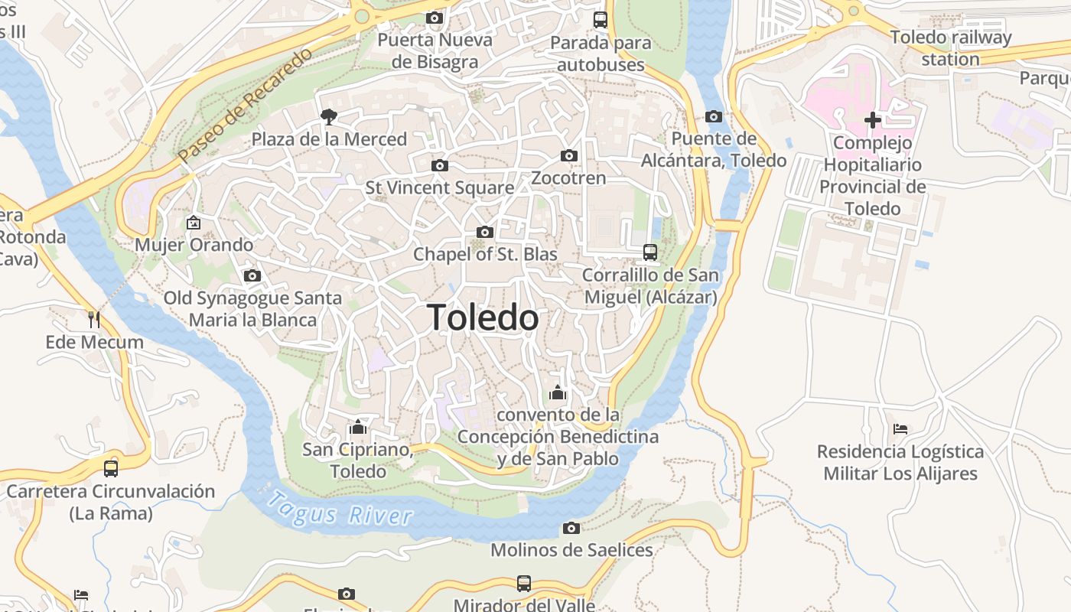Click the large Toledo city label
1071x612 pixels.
(483, 317)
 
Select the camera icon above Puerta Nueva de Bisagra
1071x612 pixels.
(435, 18)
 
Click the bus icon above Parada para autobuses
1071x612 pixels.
(601, 20)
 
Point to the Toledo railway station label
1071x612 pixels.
(950, 47)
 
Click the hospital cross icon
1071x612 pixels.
(872, 120)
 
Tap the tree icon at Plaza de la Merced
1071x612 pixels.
(329, 117)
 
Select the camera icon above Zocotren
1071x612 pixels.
(568, 156)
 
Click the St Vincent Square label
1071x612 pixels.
(440, 187)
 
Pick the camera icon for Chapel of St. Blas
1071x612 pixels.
(485, 232)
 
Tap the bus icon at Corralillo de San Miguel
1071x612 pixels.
(650, 252)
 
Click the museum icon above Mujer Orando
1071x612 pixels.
(194, 223)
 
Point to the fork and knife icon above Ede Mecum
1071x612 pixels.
(94, 319)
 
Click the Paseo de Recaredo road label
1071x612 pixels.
(246, 106)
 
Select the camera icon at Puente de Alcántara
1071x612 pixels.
(714, 116)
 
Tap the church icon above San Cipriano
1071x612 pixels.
(358, 427)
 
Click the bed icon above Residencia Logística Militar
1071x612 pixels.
(900, 429)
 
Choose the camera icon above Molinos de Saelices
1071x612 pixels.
(571, 528)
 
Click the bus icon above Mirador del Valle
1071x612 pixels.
(524, 584)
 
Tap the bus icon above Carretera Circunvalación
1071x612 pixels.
(111, 468)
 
